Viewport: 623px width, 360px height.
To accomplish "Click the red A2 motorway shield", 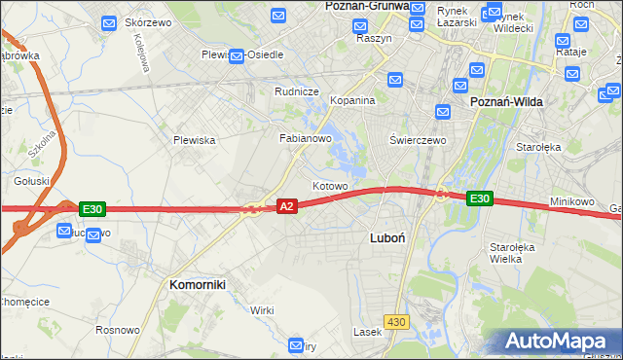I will point(286,206).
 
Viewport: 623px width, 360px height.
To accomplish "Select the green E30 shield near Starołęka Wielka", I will point(479,198).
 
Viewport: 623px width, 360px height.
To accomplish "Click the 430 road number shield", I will point(395,321).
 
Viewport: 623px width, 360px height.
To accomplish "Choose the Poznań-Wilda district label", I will point(506,101).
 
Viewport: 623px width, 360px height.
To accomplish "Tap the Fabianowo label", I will point(307,138).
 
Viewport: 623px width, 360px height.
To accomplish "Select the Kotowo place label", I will point(330,185).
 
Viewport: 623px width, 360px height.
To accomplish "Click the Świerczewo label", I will point(418,139).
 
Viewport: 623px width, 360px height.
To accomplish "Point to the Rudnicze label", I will point(297,92).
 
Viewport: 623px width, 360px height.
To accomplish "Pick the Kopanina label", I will point(352,100).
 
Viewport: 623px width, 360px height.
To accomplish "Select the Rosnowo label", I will point(118,330).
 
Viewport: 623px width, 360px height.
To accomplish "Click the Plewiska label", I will point(194,140).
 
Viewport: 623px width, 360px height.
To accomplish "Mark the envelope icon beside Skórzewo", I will point(108,21).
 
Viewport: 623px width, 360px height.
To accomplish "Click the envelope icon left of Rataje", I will point(562,42).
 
